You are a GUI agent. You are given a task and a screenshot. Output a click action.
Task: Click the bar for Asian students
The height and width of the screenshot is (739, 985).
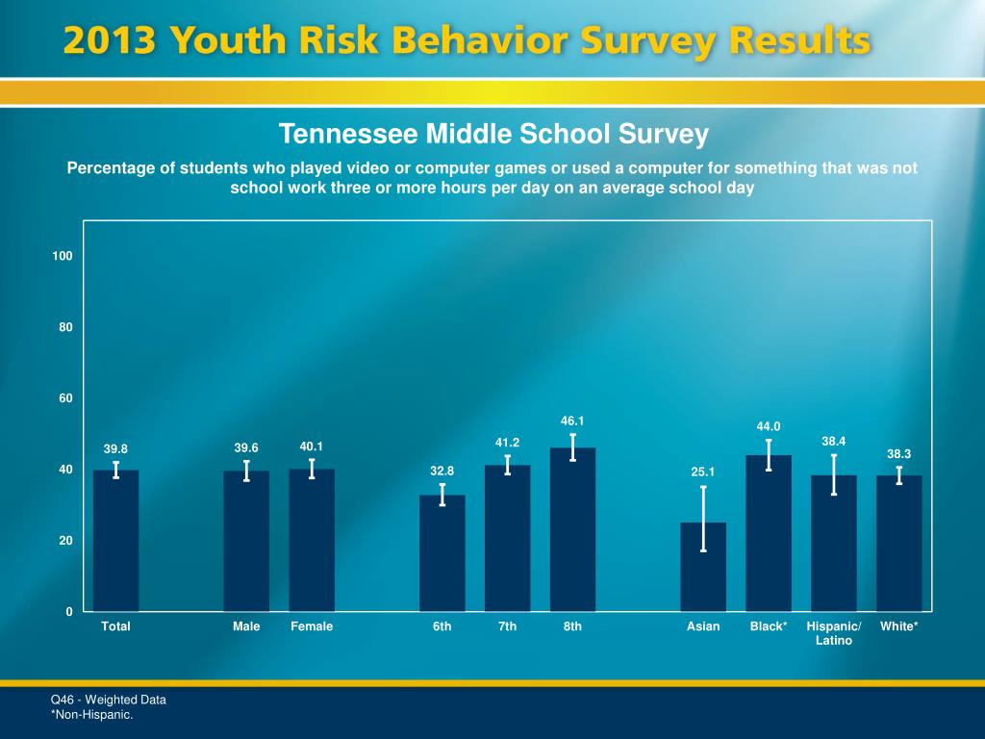click(703, 567)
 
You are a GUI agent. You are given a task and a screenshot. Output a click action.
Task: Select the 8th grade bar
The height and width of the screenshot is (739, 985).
click(572, 529)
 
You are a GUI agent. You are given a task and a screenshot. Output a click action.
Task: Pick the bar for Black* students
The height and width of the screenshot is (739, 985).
click(769, 533)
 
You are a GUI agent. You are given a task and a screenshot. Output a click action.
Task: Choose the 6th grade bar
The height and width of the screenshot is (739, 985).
click(442, 553)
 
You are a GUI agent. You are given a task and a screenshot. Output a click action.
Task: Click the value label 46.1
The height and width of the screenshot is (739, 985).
click(572, 420)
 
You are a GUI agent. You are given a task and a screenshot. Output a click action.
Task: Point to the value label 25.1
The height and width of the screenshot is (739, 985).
click(703, 471)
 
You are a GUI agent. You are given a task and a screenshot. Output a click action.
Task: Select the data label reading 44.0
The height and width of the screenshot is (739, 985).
click(769, 427)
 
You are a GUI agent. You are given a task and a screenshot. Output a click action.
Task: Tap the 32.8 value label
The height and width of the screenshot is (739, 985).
click(442, 471)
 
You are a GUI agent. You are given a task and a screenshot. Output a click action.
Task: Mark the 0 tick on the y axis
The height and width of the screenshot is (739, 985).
click(69, 612)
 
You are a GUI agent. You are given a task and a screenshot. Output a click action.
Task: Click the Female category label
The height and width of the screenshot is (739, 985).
click(312, 626)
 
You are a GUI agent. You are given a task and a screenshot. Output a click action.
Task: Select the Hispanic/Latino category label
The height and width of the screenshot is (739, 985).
click(834, 633)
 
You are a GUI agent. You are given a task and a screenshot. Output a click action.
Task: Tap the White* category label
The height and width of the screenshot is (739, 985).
click(899, 626)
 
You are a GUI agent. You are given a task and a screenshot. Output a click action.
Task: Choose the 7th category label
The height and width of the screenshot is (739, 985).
click(507, 626)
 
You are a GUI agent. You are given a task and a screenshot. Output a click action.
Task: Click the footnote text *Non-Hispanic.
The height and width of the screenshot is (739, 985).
click(91, 714)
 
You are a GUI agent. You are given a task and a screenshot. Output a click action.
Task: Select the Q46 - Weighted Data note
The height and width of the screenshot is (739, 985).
click(108, 700)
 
